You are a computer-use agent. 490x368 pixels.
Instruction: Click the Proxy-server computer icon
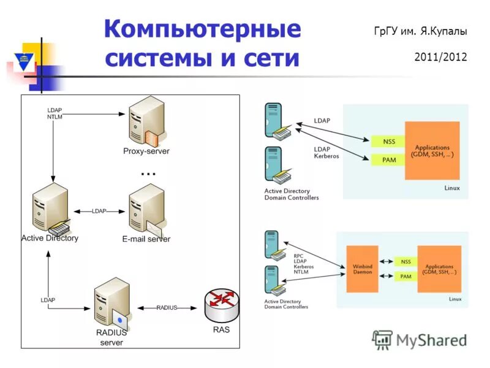pyautogui.click(x=147, y=123)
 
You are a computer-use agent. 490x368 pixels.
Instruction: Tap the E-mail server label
pyautogui.click(x=146, y=239)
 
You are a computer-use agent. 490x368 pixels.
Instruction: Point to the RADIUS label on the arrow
pyautogui.click(x=167, y=307)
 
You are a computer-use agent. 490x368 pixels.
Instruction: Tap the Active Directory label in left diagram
pyautogui.click(x=50, y=238)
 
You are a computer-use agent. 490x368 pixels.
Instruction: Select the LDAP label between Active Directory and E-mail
pyautogui.click(x=99, y=211)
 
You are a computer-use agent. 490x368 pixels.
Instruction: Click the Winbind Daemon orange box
pyautogui.click(x=362, y=268)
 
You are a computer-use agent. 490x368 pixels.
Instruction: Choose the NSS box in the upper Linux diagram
pyautogui.click(x=388, y=141)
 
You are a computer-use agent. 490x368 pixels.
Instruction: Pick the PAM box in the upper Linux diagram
pyautogui.click(x=388, y=159)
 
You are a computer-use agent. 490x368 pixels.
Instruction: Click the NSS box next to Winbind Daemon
pyautogui.click(x=405, y=261)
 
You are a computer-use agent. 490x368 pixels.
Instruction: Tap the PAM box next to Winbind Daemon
pyautogui.click(x=405, y=276)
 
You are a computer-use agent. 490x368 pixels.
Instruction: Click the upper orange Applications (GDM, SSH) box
pyautogui.click(x=432, y=150)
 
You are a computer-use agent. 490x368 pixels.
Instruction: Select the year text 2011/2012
pyautogui.click(x=440, y=57)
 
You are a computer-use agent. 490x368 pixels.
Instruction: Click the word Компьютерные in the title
pyautogui.click(x=203, y=29)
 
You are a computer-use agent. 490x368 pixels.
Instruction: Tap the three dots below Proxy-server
pyautogui.click(x=148, y=174)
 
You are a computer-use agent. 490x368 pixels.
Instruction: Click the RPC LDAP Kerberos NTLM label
pyautogui.click(x=301, y=263)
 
